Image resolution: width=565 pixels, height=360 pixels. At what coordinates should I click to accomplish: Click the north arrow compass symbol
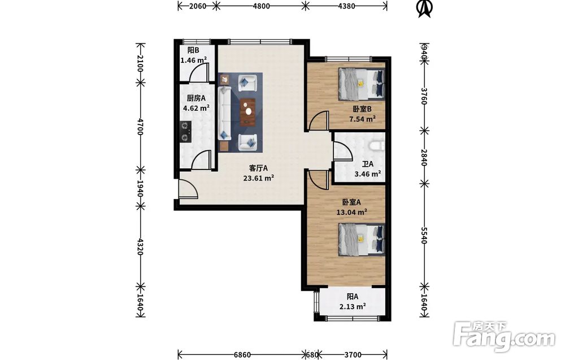pos(425,8)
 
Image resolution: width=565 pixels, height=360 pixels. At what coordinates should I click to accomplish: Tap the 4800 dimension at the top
pos(261,6)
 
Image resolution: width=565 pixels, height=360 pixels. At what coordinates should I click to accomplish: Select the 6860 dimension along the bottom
pos(242,354)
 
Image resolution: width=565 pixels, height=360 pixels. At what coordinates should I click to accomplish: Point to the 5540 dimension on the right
pos(424,235)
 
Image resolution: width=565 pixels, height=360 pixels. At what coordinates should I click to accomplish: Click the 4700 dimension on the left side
pos(140,127)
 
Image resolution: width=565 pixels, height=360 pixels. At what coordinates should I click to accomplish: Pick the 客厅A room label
pos(258,168)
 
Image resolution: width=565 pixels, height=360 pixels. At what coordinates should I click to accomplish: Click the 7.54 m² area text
pos(362,119)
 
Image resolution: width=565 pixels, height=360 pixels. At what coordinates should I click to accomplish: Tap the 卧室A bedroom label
pos(351,202)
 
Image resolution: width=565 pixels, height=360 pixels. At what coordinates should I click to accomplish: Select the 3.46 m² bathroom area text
pos(368,174)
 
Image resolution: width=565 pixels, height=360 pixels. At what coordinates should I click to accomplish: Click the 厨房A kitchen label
pos(196,98)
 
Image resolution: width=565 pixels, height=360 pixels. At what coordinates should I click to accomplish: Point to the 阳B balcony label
pos(193,50)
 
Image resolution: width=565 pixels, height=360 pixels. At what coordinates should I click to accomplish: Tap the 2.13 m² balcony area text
pos(353,307)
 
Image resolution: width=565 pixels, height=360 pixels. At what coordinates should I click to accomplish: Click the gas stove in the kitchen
pos(185,132)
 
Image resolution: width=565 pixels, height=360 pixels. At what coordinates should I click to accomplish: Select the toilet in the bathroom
pos(377,145)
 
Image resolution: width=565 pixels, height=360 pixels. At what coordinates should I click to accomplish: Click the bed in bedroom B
pos(362,84)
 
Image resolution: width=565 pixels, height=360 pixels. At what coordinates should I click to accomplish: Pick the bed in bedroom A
pos(362,239)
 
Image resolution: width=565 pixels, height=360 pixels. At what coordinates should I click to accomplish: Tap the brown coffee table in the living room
pos(248,112)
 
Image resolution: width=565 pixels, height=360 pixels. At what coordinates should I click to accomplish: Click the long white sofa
pos(224,113)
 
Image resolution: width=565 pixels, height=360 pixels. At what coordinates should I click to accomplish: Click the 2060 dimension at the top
pos(197,6)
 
